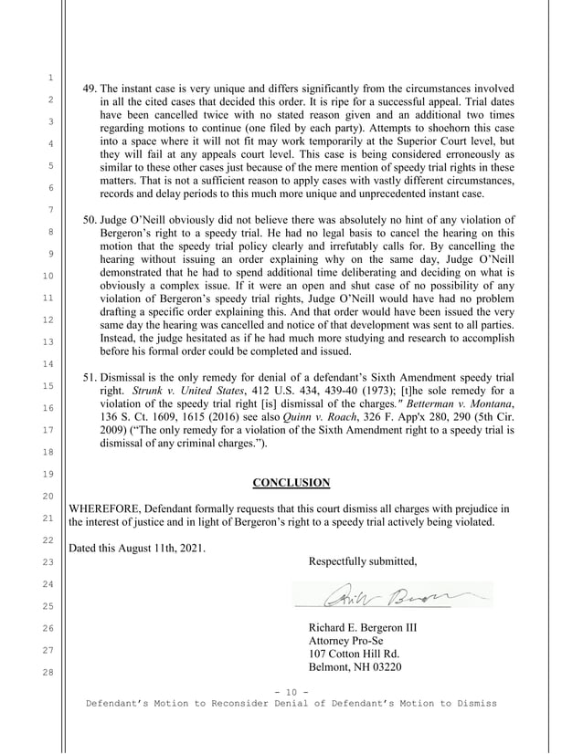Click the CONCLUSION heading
click(x=291, y=483)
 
